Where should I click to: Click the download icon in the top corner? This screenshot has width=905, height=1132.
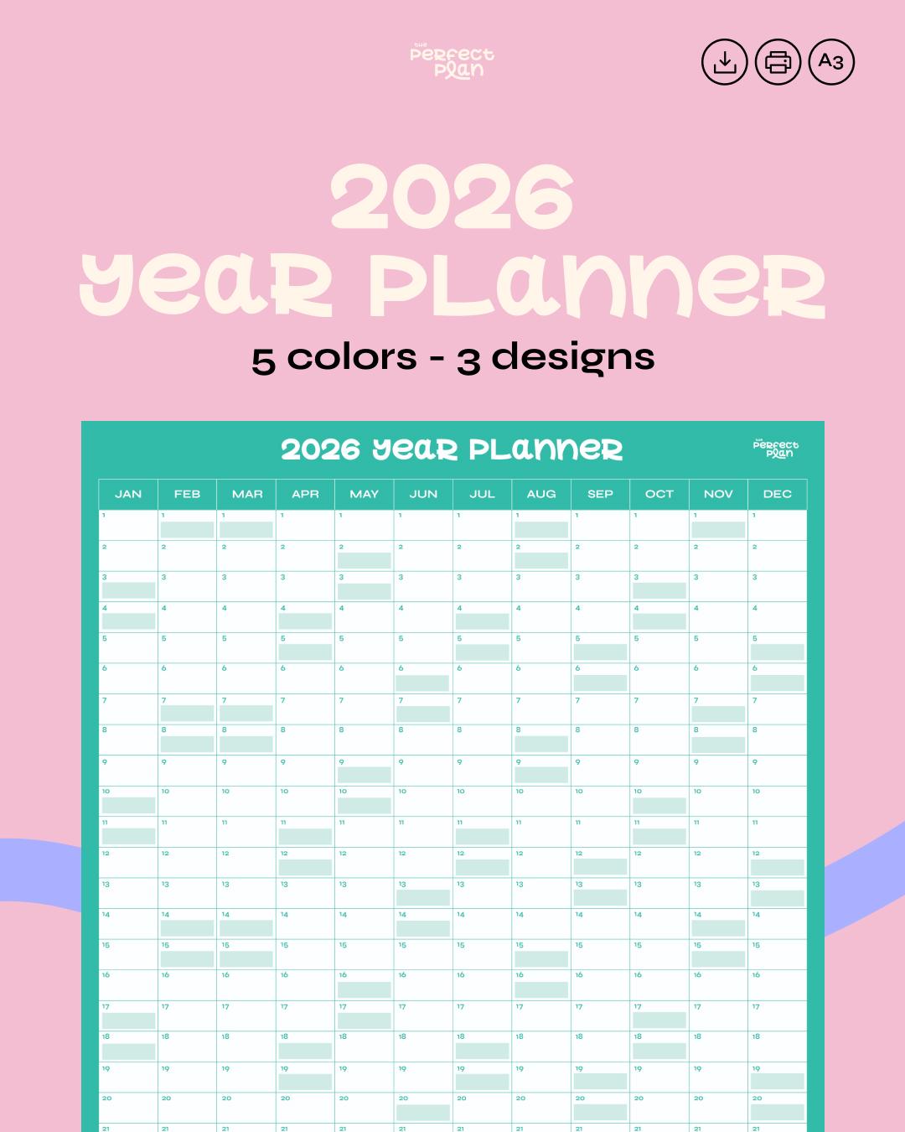724,62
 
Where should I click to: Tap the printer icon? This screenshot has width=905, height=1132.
778,62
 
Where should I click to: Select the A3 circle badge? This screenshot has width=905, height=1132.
831,62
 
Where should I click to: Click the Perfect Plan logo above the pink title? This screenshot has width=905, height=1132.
452,61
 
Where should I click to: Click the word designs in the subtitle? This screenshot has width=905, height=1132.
572,358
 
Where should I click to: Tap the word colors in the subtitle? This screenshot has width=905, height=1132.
352,358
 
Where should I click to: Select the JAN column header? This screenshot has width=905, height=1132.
128,494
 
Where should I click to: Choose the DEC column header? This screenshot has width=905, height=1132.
778,494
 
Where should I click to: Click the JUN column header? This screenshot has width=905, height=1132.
423,494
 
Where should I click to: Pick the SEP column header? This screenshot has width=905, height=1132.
600,494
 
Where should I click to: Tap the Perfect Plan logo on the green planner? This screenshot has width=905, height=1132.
776,449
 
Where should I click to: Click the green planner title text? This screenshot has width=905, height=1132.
452,449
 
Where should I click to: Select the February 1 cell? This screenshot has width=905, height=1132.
187,525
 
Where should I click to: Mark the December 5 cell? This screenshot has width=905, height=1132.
778,647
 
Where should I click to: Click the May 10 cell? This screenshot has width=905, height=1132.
365,801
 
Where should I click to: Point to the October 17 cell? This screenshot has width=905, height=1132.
659,1015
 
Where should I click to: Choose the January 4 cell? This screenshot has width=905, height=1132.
128,616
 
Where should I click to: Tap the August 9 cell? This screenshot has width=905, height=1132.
541,770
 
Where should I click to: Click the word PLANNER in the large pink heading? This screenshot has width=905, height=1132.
597,287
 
